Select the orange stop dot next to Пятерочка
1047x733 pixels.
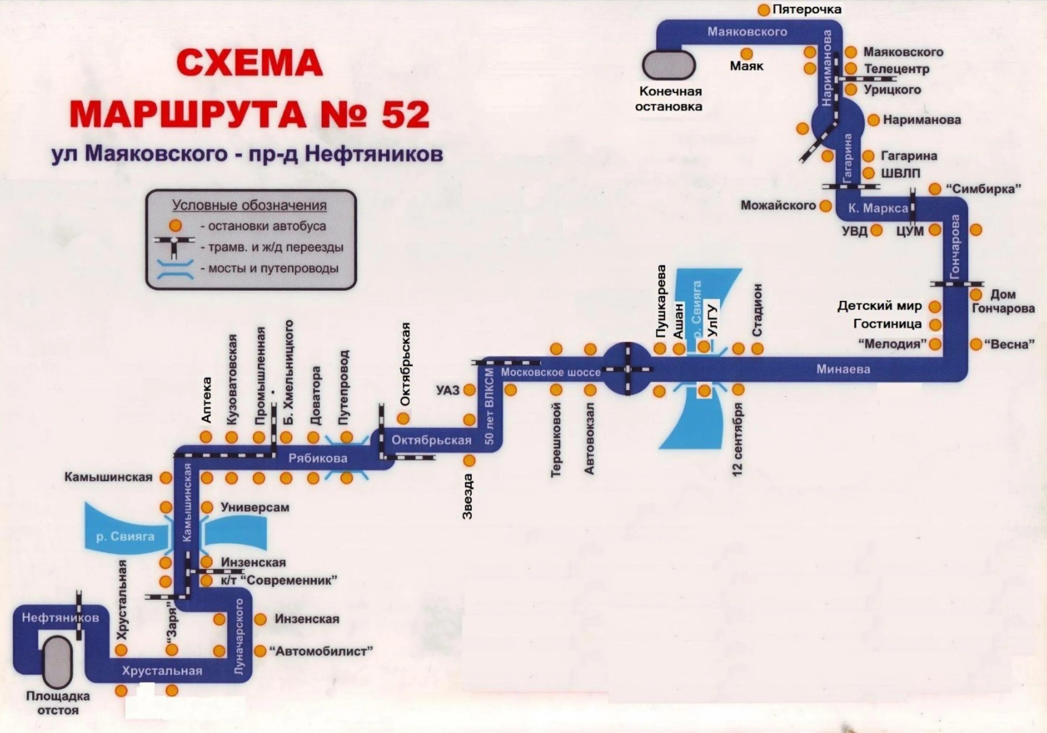(763, 10)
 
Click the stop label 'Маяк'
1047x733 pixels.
(747, 67)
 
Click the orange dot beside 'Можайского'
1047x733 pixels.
(825, 206)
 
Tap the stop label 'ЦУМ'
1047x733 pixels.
(910, 231)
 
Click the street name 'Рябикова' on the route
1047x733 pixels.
(318, 458)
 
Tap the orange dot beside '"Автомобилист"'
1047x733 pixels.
(260, 651)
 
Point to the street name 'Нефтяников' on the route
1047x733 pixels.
(60, 618)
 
